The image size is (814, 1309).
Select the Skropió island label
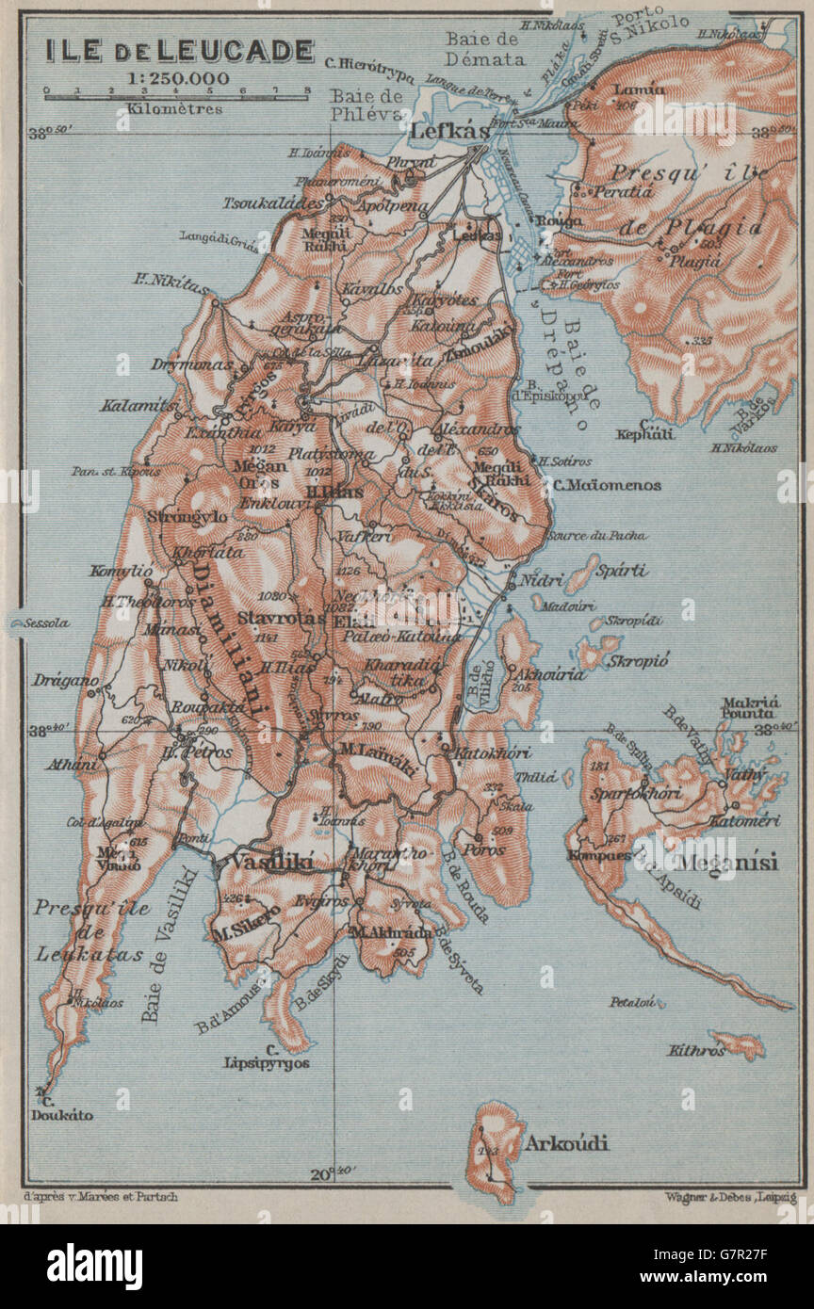[x=638, y=660]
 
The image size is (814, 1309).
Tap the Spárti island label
[x=625, y=570]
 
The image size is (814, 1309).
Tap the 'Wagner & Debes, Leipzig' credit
[x=724, y=1198]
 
